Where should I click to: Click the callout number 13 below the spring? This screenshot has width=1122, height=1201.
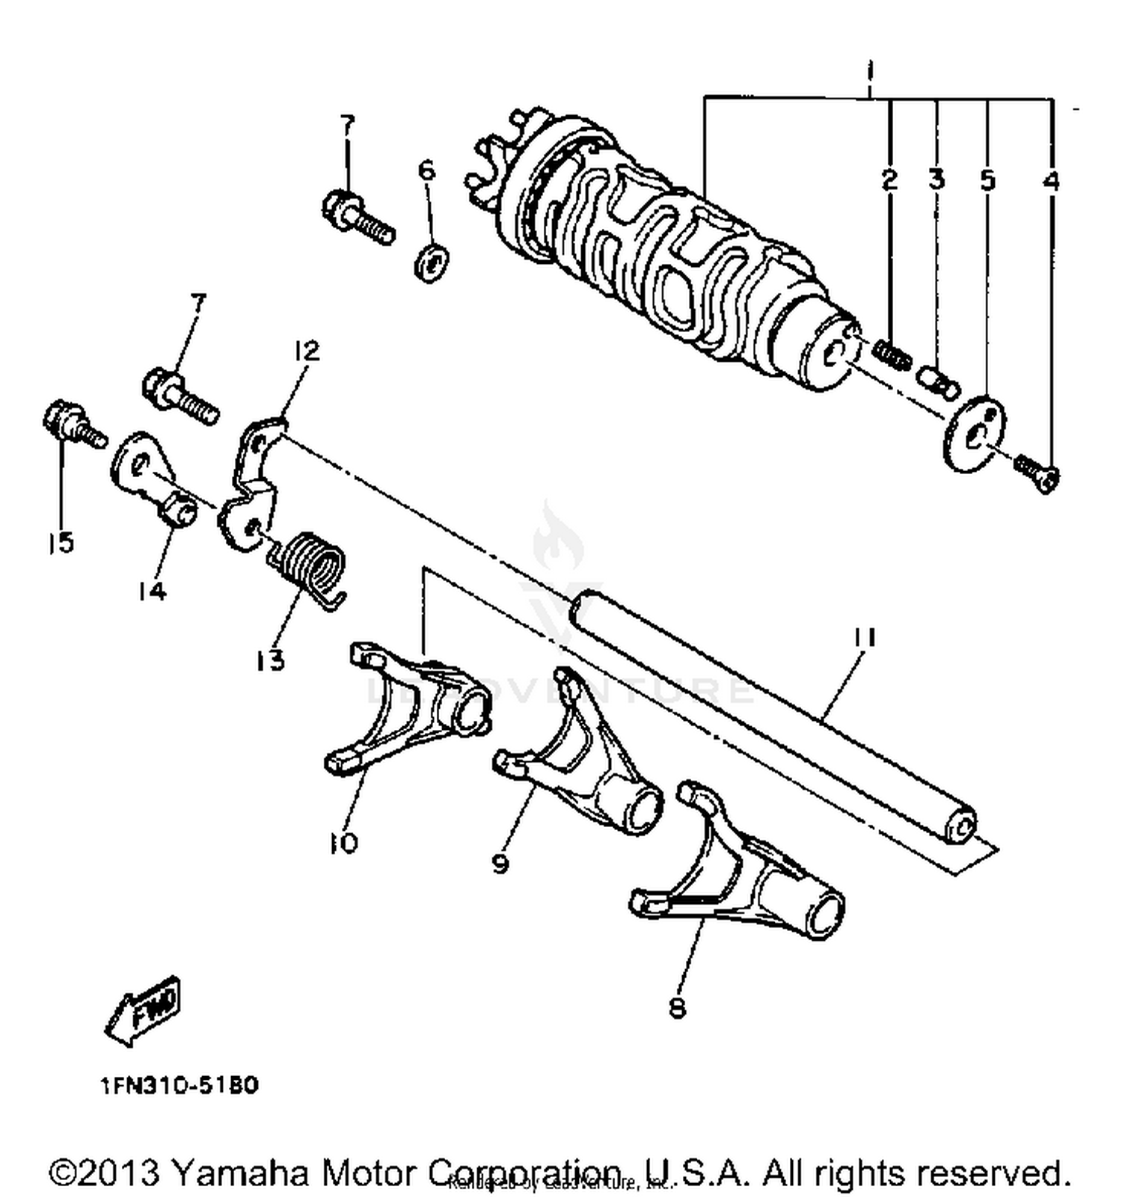(x=271, y=660)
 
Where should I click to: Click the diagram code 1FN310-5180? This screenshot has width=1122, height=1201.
(x=180, y=1085)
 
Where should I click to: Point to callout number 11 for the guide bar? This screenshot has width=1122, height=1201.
(x=865, y=636)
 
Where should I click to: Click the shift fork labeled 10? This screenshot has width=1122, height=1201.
(x=408, y=707)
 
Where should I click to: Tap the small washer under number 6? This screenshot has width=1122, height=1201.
(x=432, y=261)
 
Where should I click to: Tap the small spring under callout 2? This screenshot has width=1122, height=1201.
(x=892, y=353)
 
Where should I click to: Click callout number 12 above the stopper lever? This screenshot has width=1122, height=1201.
(x=306, y=350)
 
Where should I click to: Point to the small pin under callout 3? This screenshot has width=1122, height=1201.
(x=938, y=380)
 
